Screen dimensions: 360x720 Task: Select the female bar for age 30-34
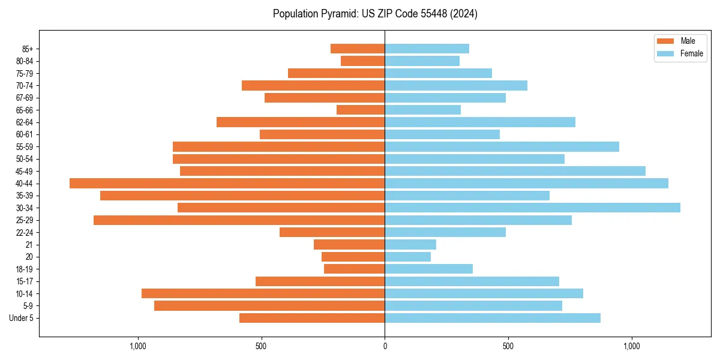click(532, 208)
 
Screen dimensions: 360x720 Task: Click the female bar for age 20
click(407, 257)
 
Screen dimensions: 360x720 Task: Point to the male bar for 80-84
click(362, 61)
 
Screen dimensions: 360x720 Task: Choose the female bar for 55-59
click(502, 147)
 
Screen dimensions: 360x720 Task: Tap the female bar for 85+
click(427, 49)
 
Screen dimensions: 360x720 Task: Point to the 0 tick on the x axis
click(385, 346)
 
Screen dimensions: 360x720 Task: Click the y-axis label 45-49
click(25, 171)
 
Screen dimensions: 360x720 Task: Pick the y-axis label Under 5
click(21, 318)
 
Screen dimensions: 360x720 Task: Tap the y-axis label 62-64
click(25, 122)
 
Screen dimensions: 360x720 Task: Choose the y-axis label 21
click(29, 245)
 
